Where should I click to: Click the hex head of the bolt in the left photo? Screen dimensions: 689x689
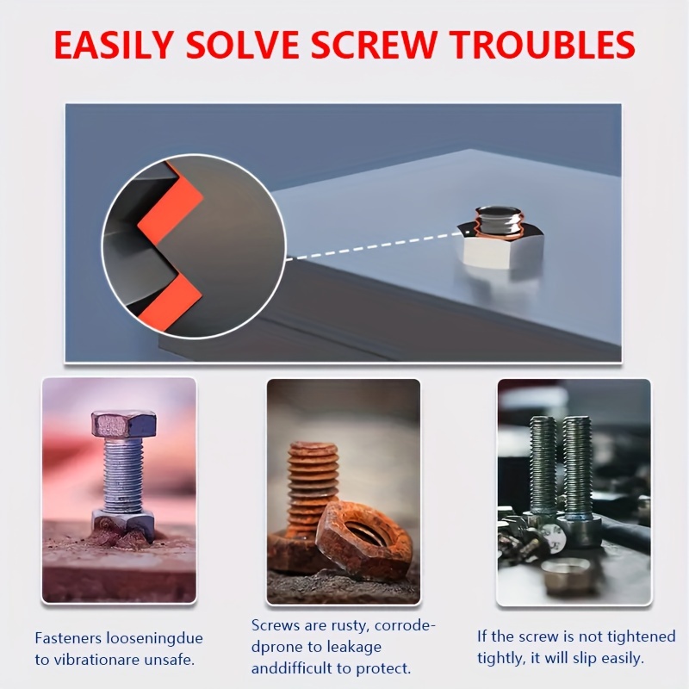(x=123, y=425)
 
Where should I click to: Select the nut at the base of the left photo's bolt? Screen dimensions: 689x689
(x=123, y=520)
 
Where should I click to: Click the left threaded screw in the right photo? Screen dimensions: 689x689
(x=543, y=469)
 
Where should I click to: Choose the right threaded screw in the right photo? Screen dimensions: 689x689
(x=577, y=469)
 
